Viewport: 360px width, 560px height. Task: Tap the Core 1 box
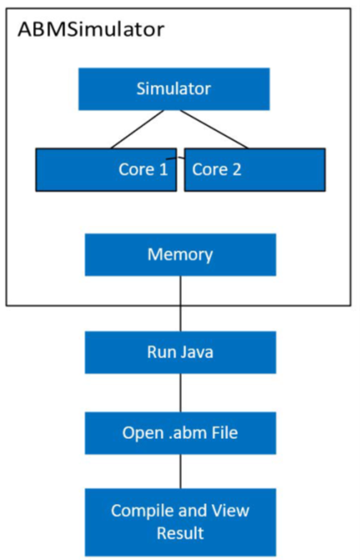pyautogui.click(x=105, y=169)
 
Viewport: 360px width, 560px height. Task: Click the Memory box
pyautogui.click(x=180, y=254)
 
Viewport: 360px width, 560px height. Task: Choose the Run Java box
pyautogui.click(x=180, y=353)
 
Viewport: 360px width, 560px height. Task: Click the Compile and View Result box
pyautogui.click(x=180, y=521)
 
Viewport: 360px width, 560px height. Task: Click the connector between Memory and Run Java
pyautogui.click(x=180, y=303)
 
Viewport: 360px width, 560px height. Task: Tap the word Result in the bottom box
pyautogui.click(x=180, y=533)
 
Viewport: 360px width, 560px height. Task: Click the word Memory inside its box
pyautogui.click(x=180, y=254)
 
